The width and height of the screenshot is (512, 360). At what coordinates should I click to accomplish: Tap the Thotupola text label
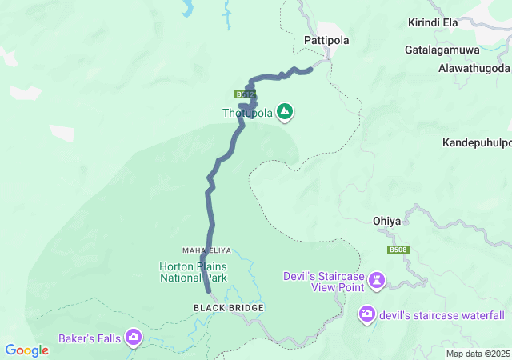pyautogui.click(x=247, y=114)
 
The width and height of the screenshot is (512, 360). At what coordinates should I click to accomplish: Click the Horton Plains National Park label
pyautogui.click(x=194, y=272)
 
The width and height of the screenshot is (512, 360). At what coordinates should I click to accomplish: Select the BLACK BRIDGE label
pyautogui.click(x=228, y=307)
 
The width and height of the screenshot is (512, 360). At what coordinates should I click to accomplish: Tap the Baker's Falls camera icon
pyautogui.click(x=133, y=338)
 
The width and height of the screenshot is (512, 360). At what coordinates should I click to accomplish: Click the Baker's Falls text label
pyautogui.click(x=90, y=338)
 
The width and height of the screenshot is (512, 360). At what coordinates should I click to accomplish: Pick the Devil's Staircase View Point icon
pyautogui.click(x=376, y=281)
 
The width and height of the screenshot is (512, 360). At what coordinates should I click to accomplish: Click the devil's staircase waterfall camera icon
pyautogui.click(x=367, y=314)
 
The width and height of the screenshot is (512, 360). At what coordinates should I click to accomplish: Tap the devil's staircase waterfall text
pyautogui.click(x=442, y=314)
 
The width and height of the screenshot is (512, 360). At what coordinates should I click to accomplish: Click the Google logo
pyautogui.click(x=26, y=350)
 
